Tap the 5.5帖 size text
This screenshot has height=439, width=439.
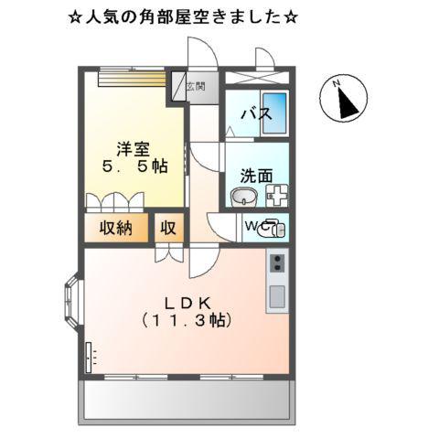(x=134, y=167)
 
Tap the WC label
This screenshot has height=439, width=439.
(x=253, y=226)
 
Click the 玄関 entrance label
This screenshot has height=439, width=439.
(x=196, y=87)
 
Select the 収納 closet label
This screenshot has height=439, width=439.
(x=117, y=227)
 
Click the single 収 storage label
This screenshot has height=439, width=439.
(x=169, y=227)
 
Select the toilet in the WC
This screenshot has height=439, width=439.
(x=273, y=228)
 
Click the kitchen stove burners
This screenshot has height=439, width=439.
(x=276, y=265)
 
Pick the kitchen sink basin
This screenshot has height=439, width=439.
(x=276, y=297)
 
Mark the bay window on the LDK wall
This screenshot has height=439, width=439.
(x=72, y=301)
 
